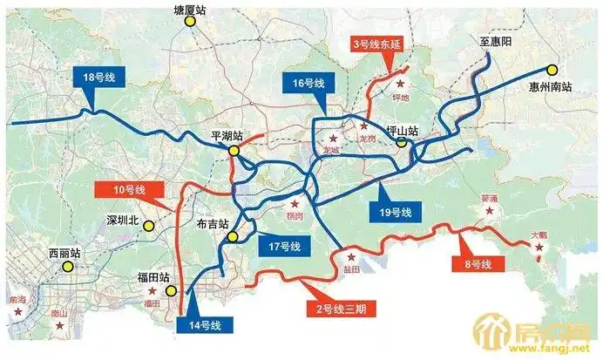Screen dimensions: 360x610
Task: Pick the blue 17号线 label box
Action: [x=284, y=247]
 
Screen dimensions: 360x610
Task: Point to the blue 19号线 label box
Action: [x=396, y=212]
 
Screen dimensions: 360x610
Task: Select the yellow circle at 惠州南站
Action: [x=552, y=71]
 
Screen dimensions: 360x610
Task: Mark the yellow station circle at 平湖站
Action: [x=234, y=151]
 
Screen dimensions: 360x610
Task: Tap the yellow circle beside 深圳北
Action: [x=149, y=227]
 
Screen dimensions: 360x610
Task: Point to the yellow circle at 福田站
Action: [x=172, y=292]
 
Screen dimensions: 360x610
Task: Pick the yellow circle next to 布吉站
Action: [x=232, y=237]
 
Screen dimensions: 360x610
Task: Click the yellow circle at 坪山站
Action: [x=402, y=144]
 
